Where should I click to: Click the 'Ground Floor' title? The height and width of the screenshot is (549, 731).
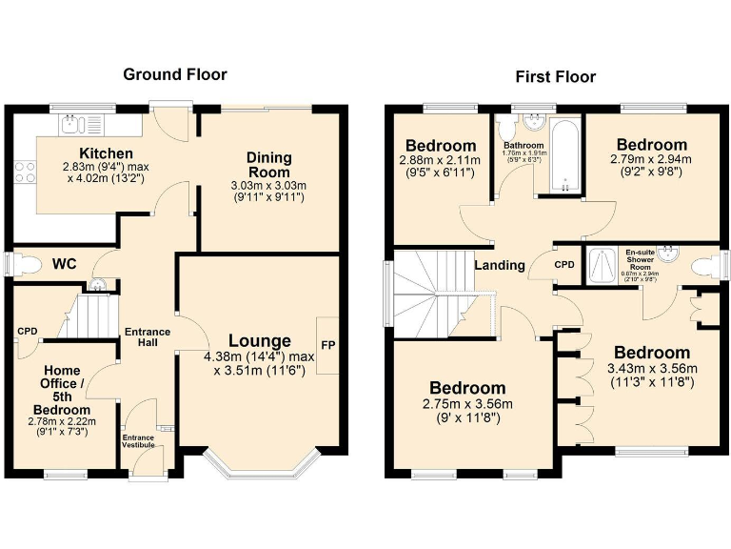tap(175, 74)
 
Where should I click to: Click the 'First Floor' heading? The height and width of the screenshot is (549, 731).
tap(555, 76)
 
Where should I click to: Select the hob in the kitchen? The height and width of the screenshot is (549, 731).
tap(25, 172)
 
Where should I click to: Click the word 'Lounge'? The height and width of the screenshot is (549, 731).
tap(259, 340)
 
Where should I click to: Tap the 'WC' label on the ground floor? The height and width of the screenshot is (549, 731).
tap(65, 262)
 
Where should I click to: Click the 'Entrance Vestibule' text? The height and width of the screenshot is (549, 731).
tap(138, 441)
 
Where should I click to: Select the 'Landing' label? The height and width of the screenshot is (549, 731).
tap(500, 265)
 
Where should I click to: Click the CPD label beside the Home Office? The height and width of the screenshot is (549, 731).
tap(27, 332)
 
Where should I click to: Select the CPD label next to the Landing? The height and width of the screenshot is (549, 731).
tap(564, 264)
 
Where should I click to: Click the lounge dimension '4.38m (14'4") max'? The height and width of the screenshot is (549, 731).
tap(259, 357)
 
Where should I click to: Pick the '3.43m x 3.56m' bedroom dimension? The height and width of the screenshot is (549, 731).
tap(652, 370)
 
